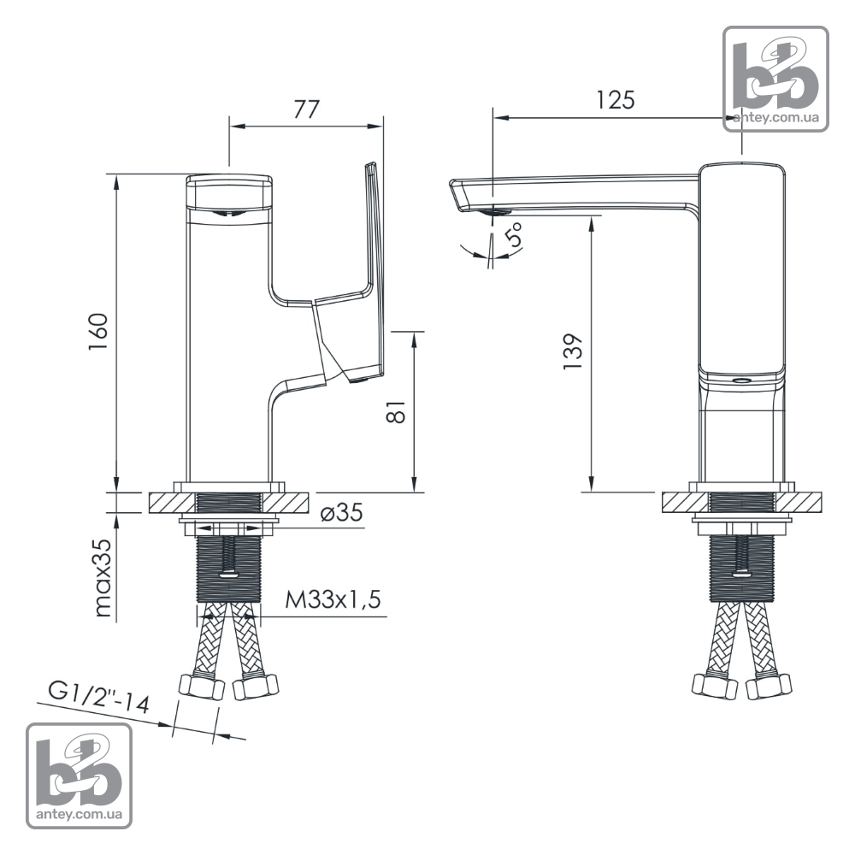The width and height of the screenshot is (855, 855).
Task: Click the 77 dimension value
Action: click(x=306, y=109)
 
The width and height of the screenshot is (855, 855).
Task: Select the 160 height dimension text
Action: click(x=99, y=332)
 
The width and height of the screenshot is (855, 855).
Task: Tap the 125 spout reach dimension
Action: click(x=615, y=100)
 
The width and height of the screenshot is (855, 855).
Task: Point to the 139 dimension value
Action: click(x=573, y=352)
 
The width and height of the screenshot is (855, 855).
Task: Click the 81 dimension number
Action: click(x=397, y=412)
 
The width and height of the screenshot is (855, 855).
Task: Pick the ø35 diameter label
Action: click(x=342, y=512)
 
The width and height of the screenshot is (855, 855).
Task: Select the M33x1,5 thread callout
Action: click(x=333, y=600)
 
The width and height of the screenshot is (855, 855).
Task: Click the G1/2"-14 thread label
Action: click(x=98, y=697)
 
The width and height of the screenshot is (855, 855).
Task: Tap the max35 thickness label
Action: click(x=103, y=577)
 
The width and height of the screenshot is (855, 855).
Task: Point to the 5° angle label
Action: click(x=513, y=234)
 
